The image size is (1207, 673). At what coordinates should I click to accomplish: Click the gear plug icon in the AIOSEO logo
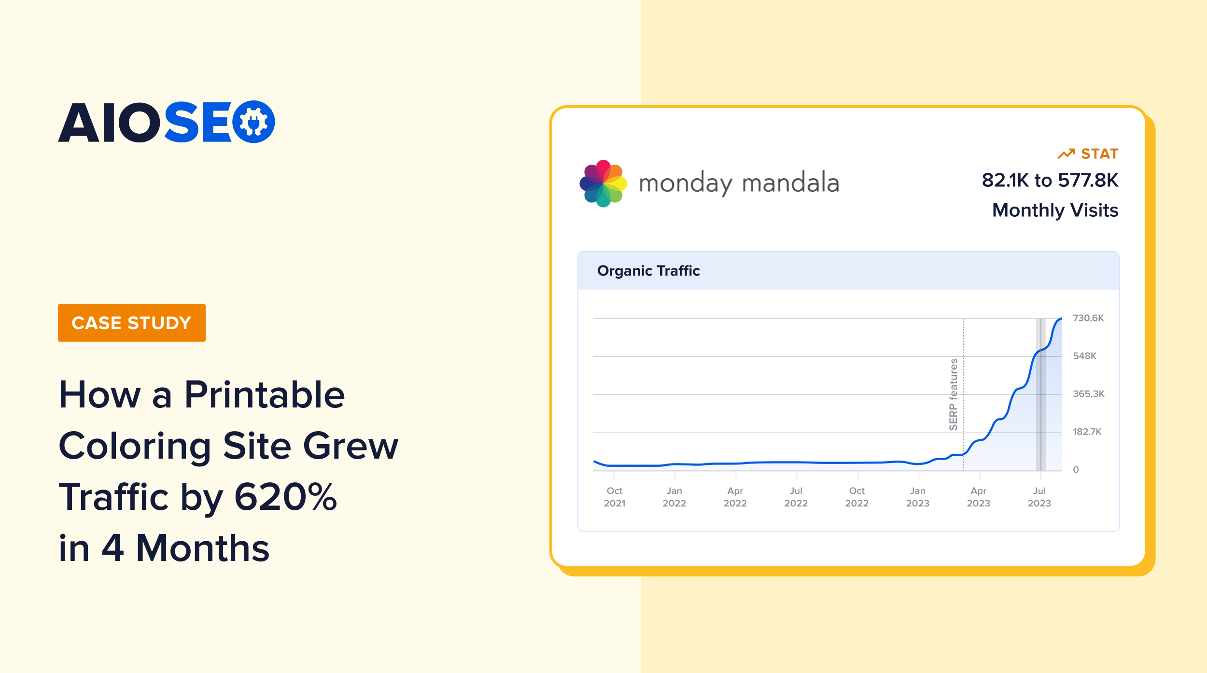[253, 122]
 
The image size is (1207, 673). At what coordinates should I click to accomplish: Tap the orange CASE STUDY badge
[132, 323]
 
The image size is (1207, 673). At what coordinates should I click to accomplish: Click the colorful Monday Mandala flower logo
[603, 183]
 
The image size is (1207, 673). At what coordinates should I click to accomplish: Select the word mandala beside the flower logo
[790, 183]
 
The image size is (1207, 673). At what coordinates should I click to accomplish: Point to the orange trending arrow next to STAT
[1066, 154]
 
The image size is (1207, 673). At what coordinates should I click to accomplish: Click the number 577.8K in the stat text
[1088, 181]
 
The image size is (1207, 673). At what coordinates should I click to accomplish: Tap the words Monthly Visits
[1055, 210]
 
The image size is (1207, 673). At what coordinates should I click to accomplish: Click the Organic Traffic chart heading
[648, 271]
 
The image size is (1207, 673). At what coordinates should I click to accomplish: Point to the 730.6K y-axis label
[1088, 318]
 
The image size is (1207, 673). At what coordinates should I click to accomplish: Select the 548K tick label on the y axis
[1084, 356]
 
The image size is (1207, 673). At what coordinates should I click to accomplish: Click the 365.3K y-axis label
[1089, 394]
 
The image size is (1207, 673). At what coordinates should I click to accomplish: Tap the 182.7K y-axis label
[1087, 432]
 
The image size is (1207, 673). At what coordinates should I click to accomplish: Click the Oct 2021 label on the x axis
[615, 497]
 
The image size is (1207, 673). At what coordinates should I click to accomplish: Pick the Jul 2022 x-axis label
[796, 497]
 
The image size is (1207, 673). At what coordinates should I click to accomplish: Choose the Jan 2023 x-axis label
[918, 497]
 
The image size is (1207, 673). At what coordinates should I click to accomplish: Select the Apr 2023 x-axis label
[979, 497]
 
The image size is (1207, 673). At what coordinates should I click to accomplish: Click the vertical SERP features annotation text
[954, 394]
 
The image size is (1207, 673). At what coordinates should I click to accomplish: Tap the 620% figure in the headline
[285, 497]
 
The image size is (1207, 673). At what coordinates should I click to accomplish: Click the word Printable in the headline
[265, 395]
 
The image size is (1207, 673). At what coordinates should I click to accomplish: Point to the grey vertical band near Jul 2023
[1041, 394]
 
